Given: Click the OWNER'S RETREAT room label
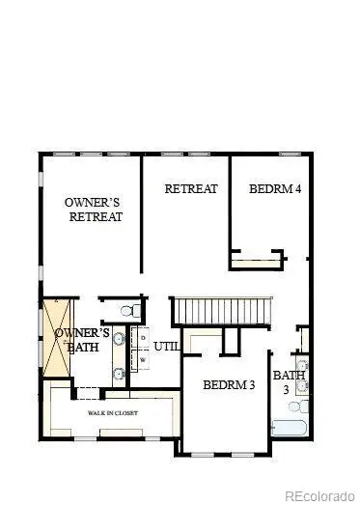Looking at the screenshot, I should [x=94, y=210].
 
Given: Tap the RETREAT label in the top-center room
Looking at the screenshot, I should [x=191, y=188].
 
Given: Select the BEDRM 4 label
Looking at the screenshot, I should [x=275, y=188].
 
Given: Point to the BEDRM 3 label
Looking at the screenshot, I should [x=229, y=385].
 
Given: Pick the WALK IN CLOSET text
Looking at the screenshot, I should [x=113, y=413].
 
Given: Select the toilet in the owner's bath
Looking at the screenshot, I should [x=126, y=309].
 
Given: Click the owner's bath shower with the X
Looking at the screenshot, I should [x=54, y=330].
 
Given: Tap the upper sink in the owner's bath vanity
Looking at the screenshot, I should [x=119, y=339].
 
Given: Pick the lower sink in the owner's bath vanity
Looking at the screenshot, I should [x=119, y=372].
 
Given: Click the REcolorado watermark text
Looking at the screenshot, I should [x=316, y=494].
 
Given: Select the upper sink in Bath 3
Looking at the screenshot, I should [x=302, y=366].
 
